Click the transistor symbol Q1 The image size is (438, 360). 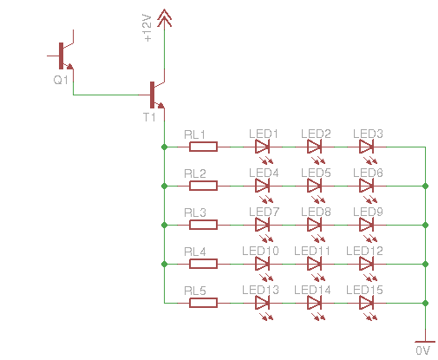pos(62,56)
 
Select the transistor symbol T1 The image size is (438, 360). pos(153,95)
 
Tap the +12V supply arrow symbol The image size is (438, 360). pos(164,18)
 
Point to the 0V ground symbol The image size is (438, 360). pos(425,342)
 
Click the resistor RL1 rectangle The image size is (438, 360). pos(203,147)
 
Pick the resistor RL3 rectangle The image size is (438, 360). pos(203,225)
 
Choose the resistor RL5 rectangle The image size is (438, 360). pos(203,303)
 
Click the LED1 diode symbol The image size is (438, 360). pos(263,147)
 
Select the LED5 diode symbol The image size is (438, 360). pos(315,186)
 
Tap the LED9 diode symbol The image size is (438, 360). pos(367,225)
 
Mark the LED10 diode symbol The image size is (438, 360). pos(263,264)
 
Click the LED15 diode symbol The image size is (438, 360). pos(367,303)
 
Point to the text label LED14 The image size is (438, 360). pos(312,290)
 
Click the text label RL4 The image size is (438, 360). pos(195,252)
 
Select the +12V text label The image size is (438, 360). pos(147,28)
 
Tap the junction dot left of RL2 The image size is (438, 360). pos(164,186)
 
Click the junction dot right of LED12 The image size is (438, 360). pos(425,264)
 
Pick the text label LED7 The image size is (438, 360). pos(264,212)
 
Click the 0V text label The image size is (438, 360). pos(422,350)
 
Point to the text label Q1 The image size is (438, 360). pos(61,80)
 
